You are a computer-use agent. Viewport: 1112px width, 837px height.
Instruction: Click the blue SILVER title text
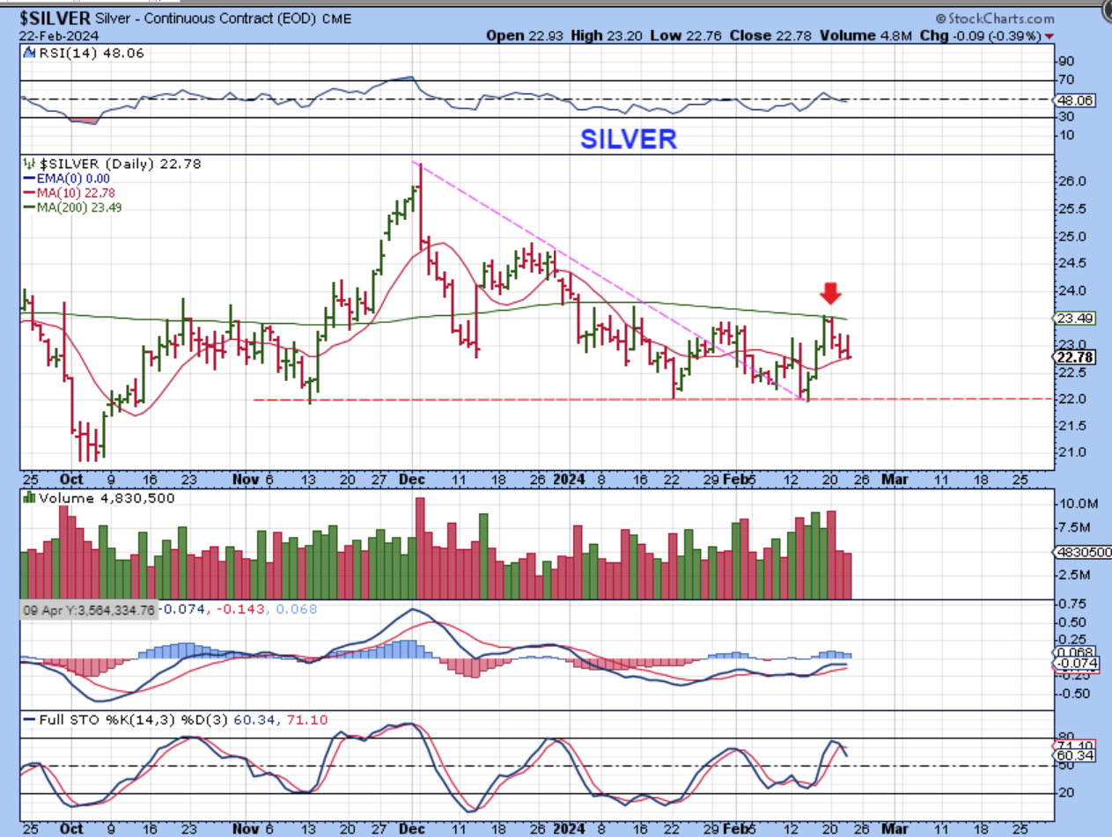click(629, 139)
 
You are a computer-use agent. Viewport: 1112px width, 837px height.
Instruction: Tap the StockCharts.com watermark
click(995, 18)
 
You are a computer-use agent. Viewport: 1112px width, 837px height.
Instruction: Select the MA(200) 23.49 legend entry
click(77, 207)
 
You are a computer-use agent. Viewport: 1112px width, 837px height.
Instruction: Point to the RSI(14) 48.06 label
click(85, 53)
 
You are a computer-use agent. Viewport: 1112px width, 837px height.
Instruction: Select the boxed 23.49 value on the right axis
click(1073, 318)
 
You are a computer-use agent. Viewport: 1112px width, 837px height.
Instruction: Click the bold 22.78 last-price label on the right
click(1074, 356)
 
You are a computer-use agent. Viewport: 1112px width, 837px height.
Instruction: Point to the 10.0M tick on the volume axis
click(1079, 504)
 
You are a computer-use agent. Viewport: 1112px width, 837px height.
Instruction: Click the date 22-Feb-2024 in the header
click(59, 36)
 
